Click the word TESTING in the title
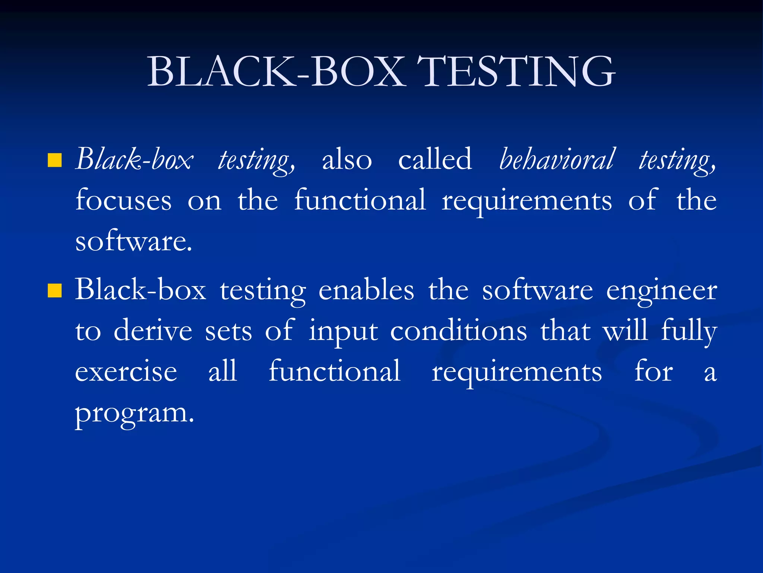[x=516, y=72]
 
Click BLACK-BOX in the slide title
[x=276, y=72]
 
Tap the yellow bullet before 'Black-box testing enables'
[x=55, y=291]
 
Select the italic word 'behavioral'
[x=556, y=159]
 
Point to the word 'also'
[x=347, y=160]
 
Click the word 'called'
[x=435, y=159]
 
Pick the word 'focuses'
[x=124, y=200]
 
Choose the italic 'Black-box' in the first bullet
[x=134, y=160]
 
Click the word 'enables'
[x=366, y=290]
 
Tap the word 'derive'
[x=153, y=331]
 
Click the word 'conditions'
[x=459, y=331]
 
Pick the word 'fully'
[x=689, y=331]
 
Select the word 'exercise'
[x=126, y=372]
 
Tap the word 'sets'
[x=228, y=331]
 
